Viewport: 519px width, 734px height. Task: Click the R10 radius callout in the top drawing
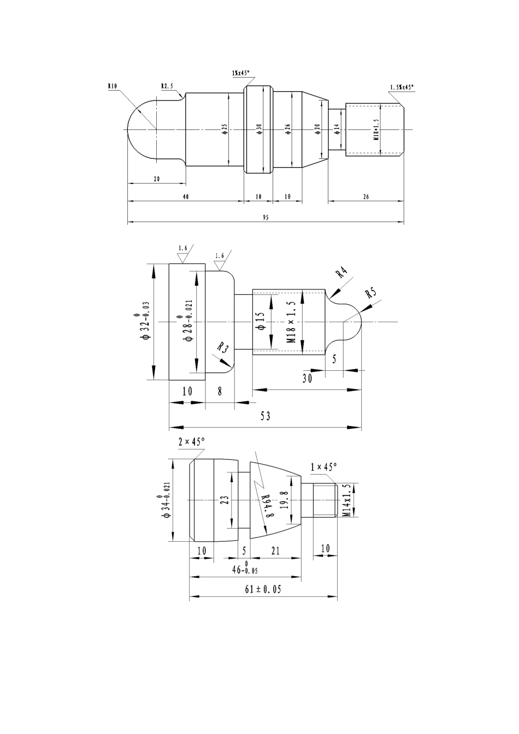click(113, 86)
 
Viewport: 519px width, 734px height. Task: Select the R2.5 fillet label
click(167, 86)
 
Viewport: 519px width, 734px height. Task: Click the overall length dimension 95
click(266, 217)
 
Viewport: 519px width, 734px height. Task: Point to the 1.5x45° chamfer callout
click(402, 87)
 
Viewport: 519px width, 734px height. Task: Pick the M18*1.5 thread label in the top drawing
click(376, 130)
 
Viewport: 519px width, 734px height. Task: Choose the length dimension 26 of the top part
click(365, 196)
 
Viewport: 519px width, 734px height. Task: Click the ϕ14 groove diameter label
click(337, 129)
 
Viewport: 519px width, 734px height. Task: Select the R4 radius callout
click(341, 273)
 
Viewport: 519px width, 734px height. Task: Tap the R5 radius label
click(371, 292)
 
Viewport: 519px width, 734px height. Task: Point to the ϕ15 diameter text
click(260, 321)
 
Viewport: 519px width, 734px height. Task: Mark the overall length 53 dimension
click(266, 416)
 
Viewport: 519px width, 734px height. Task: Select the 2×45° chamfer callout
click(191, 442)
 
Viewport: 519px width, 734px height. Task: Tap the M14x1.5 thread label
click(346, 500)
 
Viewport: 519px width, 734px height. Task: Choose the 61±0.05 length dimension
click(264, 590)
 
